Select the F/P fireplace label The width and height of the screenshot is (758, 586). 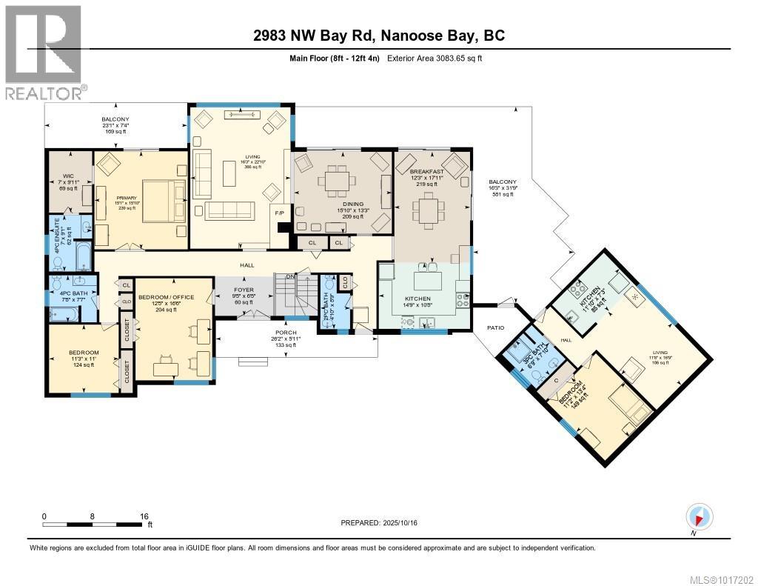click(279, 213)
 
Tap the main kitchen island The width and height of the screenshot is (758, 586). click(427, 282)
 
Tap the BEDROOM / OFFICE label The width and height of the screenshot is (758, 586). click(166, 297)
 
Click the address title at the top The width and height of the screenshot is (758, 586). click(378, 36)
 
